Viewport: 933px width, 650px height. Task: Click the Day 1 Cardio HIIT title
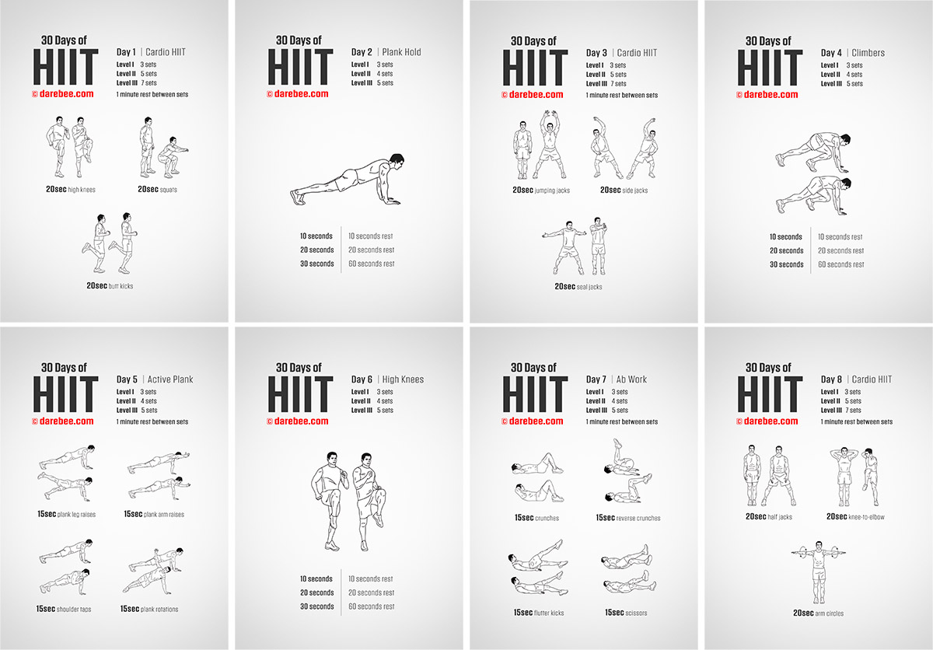[151, 52]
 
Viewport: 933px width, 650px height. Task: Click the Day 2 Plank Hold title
[386, 52]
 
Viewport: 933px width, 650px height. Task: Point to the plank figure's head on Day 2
[397, 161]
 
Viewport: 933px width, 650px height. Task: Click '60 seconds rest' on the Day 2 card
[372, 264]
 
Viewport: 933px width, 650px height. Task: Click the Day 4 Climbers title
[853, 53]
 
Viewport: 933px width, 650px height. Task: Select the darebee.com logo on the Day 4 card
[767, 95]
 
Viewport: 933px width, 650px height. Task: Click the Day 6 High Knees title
[388, 379]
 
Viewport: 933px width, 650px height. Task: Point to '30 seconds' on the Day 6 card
[317, 606]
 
